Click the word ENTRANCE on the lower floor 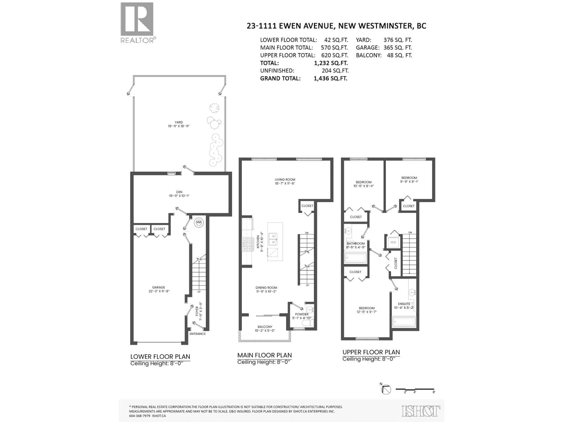(x=197, y=334)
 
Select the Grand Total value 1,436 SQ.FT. (x=330, y=78)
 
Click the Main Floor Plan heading (x=264, y=355)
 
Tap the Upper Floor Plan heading (x=371, y=352)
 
